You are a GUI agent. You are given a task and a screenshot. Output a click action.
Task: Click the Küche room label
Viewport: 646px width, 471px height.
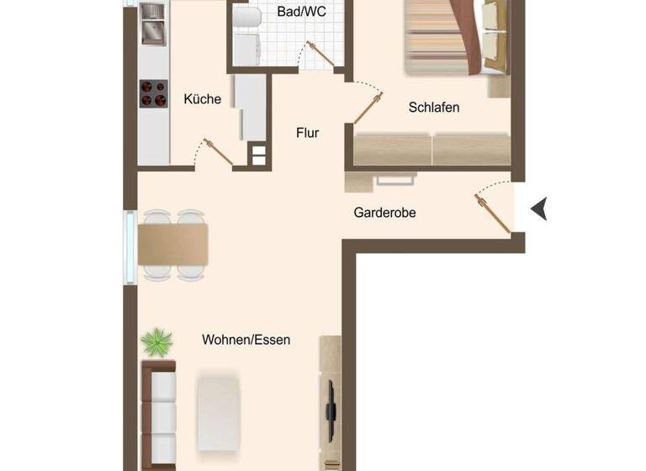[202, 99]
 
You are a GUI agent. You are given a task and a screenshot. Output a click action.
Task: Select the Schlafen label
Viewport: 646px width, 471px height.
[434, 108]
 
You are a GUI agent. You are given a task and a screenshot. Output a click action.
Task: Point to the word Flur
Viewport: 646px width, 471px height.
[307, 132]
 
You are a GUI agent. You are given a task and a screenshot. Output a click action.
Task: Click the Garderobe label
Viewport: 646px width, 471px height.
[384, 213]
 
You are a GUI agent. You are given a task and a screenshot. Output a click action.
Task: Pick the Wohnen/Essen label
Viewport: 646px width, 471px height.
[246, 340]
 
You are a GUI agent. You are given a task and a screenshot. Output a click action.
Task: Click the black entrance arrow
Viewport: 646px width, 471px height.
[538, 208]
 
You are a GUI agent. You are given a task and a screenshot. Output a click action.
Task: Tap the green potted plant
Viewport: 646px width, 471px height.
[157, 342]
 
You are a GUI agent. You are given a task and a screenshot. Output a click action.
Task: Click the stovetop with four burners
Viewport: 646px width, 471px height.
[153, 93]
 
